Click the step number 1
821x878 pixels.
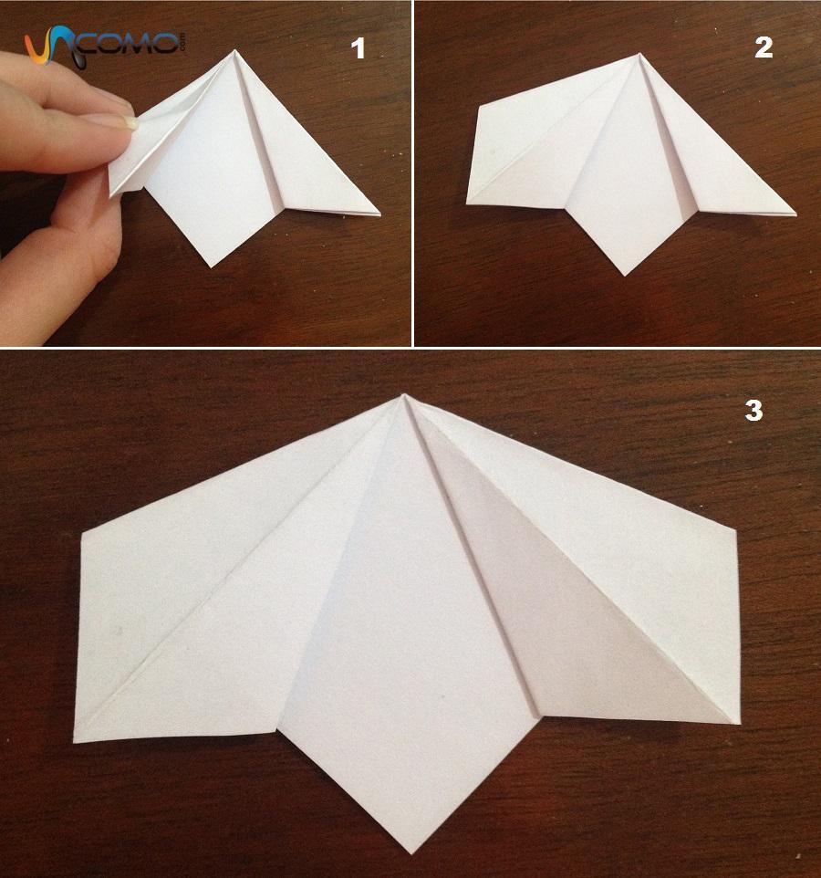(359, 48)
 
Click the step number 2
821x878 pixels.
(764, 47)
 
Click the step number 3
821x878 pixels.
(753, 411)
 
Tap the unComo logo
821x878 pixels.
(105, 47)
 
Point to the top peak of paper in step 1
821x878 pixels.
(234, 50)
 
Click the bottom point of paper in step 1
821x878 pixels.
(212, 267)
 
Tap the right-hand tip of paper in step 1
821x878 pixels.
(380, 214)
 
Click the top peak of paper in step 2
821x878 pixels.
(639, 55)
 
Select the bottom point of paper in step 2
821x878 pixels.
(625, 275)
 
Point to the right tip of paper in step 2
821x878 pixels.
(795, 214)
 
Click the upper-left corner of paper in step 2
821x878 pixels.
(479, 107)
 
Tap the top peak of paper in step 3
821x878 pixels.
(403, 395)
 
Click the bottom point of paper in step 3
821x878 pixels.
(412, 852)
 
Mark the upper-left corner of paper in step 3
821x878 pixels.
(82, 533)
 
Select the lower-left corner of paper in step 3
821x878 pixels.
(75, 742)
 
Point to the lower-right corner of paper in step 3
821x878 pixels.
(739, 722)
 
